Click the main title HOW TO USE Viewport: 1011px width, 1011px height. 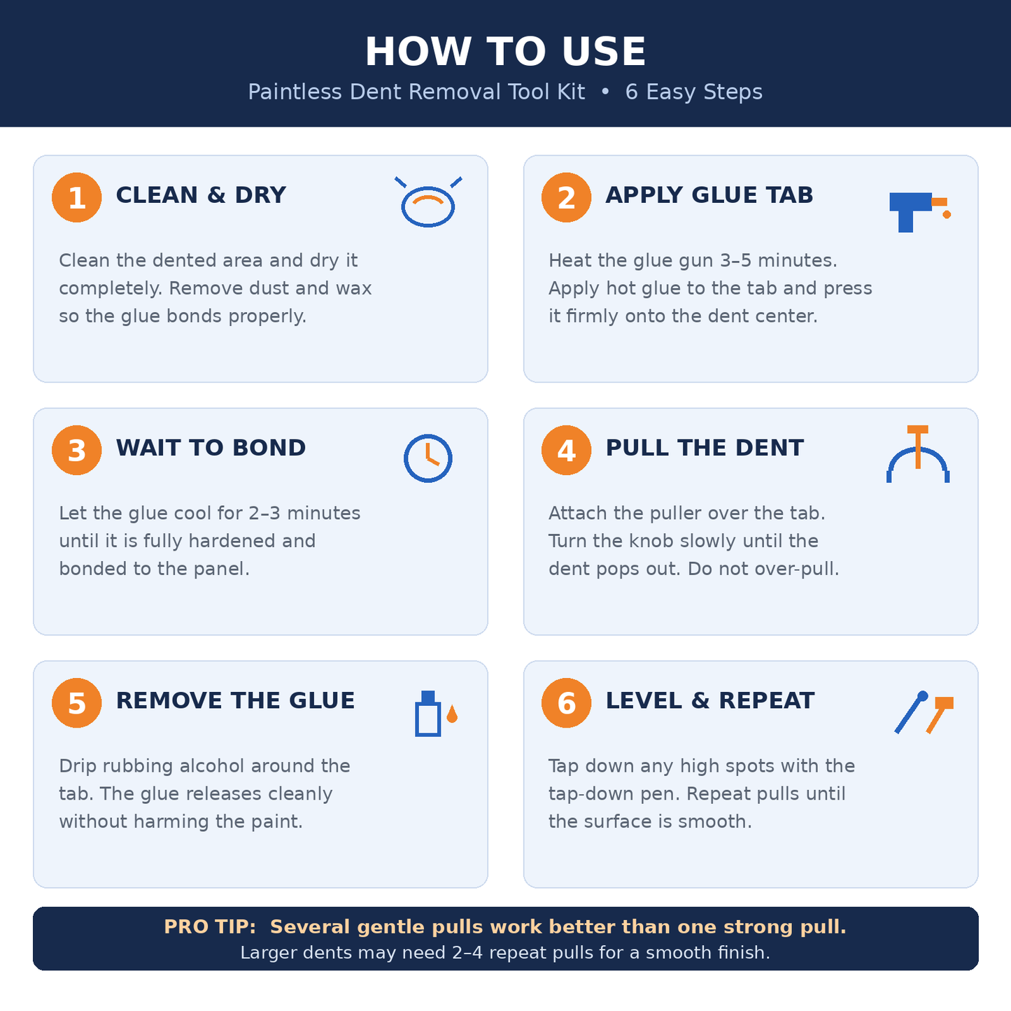[505, 51]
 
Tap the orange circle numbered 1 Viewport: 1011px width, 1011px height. [76, 197]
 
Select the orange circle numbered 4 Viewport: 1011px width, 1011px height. [566, 450]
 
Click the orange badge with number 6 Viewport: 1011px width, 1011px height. [566, 703]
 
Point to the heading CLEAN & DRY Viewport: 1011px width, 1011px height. [201, 195]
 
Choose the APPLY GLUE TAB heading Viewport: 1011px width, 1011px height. [709, 195]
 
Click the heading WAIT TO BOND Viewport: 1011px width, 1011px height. [211, 448]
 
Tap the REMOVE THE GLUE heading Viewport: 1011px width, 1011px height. [236, 701]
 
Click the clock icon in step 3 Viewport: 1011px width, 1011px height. [427, 458]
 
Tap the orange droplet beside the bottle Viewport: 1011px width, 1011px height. [452, 714]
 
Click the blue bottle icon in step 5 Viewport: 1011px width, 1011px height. [427, 714]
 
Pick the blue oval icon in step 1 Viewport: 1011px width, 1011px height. [427, 206]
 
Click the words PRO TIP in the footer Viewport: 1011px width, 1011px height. [209, 927]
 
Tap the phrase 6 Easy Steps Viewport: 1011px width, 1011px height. [693, 92]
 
